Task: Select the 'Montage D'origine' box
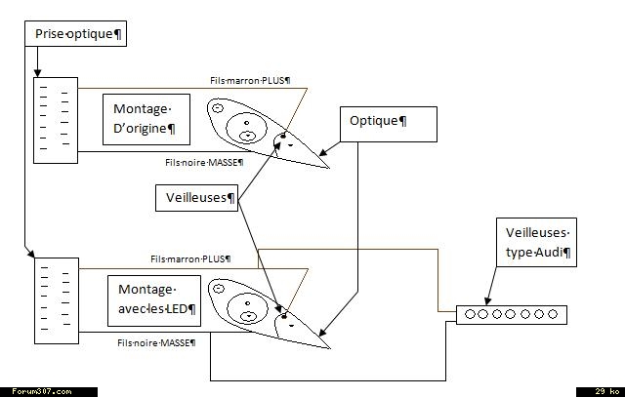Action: pyautogui.click(x=146, y=119)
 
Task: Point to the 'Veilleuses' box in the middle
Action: pyautogui.click(x=197, y=198)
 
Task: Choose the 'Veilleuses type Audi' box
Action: pyautogui.click(x=536, y=243)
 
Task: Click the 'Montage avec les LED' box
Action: pyautogui.click(x=153, y=299)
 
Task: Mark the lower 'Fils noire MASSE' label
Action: pyautogui.click(x=156, y=342)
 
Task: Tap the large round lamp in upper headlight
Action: pyautogui.click(x=248, y=126)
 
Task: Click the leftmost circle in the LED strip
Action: pyautogui.click(x=471, y=314)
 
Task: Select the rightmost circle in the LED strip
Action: pyautogui.click(x=553, y=314)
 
